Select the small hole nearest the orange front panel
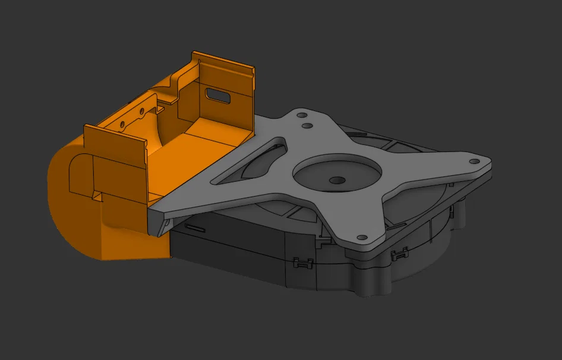tap(123, 125)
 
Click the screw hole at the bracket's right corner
tap(473, 161)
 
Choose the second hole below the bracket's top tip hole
tap(307, 126)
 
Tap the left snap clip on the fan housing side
tap(302, 263)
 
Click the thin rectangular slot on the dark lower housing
tap(195, 227)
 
